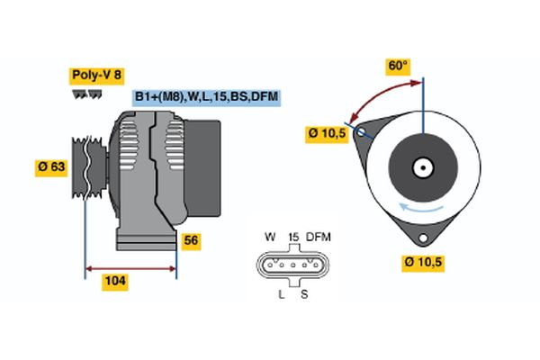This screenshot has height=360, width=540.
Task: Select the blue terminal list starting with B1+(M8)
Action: pyautogui.click(x=206, y=96)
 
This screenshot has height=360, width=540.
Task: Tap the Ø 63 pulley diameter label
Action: pyautogui.click(x=52, y=166)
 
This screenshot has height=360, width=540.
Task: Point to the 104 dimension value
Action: pyautogui.click(x=115, y=282)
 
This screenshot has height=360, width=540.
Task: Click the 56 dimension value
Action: pyautogui.click(x=191, y=240)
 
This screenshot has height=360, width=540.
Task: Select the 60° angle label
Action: pyautogui.click(x=398, y=66)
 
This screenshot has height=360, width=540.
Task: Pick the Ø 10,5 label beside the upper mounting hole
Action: pyautogui.click(x=328, y=133)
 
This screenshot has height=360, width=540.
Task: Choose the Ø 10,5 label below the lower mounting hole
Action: pyautogui.click(x=423, y=263)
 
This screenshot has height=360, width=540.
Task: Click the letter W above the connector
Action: pyautogui.click(x=269, y=237)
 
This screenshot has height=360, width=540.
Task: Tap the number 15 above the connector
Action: pyautogui.click(x=292, y=237)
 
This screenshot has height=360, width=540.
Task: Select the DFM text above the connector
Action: pyautogui.click(x=319, y=237)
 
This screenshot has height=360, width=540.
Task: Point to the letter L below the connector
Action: pyautogui.click(x=281, y=294)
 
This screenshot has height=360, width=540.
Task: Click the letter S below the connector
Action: pyautogui.click(x=304, y=294)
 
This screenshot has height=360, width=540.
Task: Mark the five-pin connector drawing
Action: pyautogui.click(x=293, y=265)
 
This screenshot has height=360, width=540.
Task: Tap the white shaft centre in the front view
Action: pyautogui.click(x=422, y=167)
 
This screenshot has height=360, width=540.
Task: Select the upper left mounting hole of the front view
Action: pyautogui.click(x=363, y=133)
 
